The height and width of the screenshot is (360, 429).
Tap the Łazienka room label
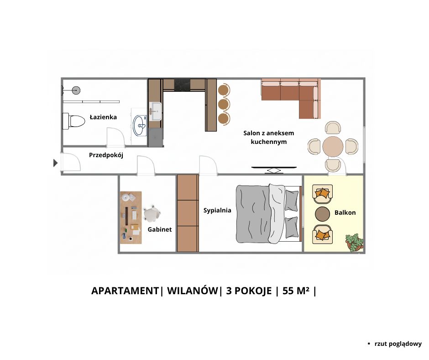point(103,117)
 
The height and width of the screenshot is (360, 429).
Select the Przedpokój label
point(106,155)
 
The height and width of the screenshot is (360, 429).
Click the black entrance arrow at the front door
point(55,163)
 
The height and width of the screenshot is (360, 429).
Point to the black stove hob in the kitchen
point(182,85)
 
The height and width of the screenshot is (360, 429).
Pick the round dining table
point(333,147)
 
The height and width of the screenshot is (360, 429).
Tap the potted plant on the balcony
point(355,242)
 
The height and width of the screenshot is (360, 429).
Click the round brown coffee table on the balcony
point(323,214)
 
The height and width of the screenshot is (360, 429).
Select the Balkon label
point(345,212)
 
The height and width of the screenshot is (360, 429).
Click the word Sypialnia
point(217,211)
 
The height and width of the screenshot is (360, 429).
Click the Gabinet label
point(160,229)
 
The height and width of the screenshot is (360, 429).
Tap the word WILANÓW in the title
point(193,291)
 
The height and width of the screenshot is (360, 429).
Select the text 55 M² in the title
point(296,291)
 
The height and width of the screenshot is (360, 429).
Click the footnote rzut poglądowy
point(398,344)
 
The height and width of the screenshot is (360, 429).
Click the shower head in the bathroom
point(76,90)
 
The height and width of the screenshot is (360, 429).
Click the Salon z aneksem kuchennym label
point(269,137)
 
